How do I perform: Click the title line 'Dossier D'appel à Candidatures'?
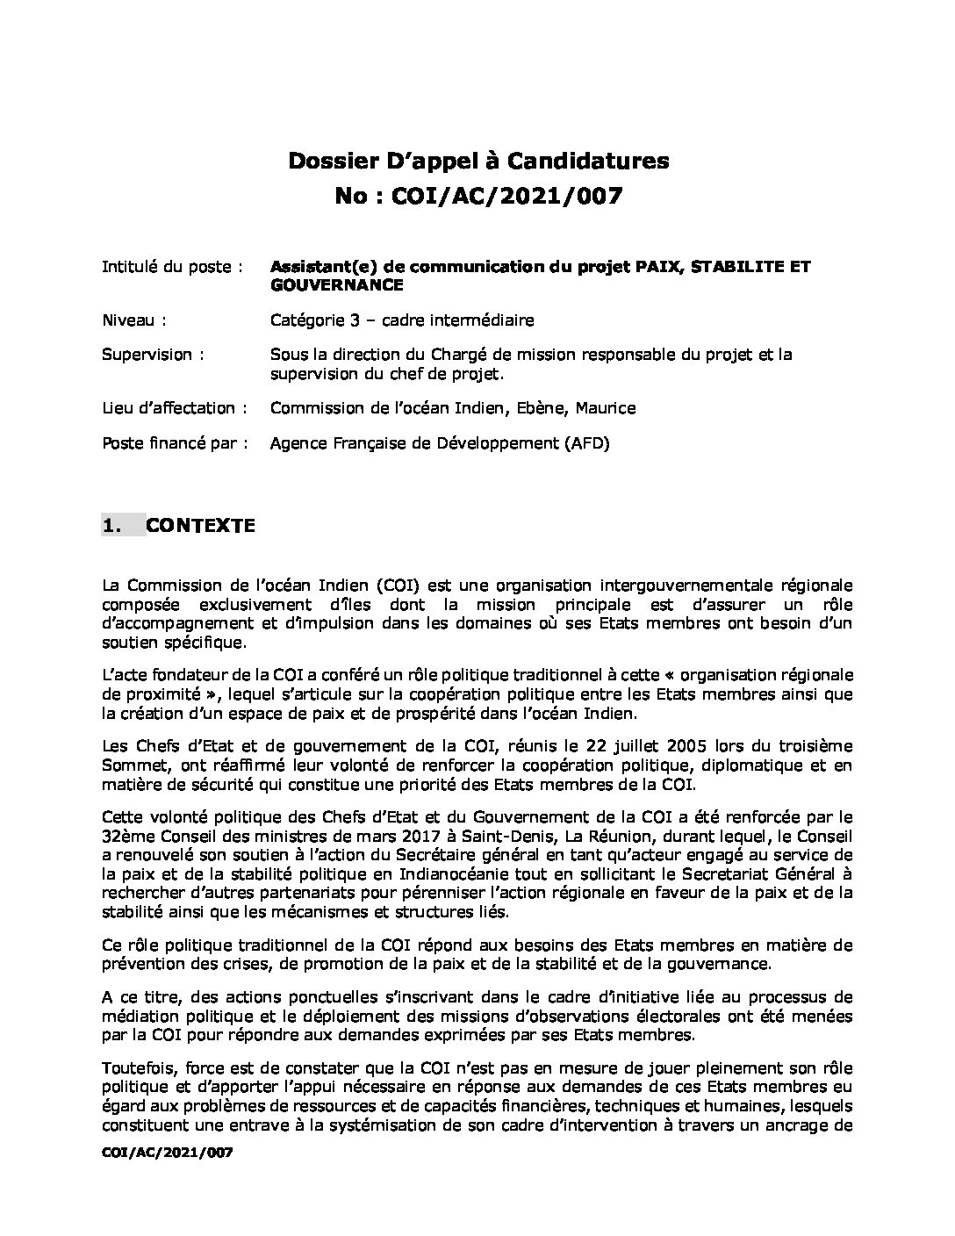pos(478,161)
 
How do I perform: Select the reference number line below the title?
pos(478,196)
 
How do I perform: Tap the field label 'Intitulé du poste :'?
pos(172,267)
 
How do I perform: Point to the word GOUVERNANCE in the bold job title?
pos(336,285)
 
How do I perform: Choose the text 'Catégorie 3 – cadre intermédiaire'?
pos(401,320)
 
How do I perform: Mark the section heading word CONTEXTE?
pos(200,526)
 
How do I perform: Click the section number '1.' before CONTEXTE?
pos(111,526)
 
